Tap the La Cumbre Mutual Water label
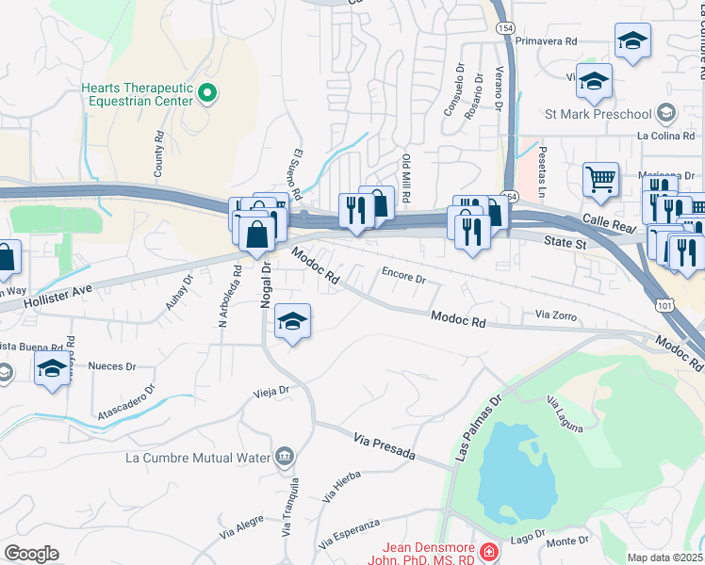pos(198,459)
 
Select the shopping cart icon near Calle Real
pos(600,178)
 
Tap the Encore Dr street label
pos(403,278)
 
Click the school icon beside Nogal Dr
pos(293,323)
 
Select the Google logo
pos(31,554)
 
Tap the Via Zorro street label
pos(555,315)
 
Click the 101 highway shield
pos(666,306)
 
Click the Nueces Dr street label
pos(111,365)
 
